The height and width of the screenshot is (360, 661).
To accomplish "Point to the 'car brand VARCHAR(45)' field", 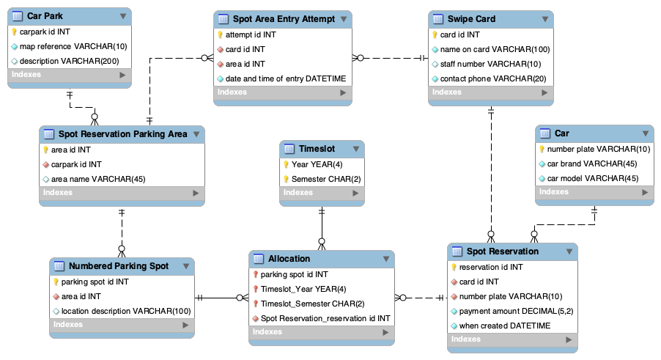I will point(589,164).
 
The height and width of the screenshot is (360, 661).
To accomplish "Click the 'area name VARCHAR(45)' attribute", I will point(97,179).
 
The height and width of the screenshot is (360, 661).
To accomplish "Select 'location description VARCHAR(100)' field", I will point(125,311).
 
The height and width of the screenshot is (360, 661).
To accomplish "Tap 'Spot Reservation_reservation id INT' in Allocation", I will point(325,318).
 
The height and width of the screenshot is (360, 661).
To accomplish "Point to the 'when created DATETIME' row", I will point(504,326).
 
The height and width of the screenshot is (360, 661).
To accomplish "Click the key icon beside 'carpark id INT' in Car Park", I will point(14,32).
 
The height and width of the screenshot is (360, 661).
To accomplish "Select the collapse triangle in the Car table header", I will point(645,133).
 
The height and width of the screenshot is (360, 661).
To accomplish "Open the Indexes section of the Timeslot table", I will point(322,193).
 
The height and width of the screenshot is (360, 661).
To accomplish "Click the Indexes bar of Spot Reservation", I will point(512,339).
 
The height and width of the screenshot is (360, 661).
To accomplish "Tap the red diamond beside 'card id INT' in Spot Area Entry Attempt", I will point(219,49).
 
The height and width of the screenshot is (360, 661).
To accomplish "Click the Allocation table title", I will point(289,258).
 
